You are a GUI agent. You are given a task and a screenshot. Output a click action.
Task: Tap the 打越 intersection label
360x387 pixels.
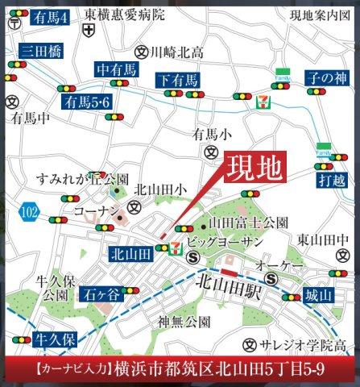pos(329,178)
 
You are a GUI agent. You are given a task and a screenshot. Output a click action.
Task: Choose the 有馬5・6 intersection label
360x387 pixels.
pos(86,102)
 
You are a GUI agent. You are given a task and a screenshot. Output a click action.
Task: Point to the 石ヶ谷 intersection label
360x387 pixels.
pos(101,294)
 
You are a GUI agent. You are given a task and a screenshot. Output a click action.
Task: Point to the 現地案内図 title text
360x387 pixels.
pos(320,15)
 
